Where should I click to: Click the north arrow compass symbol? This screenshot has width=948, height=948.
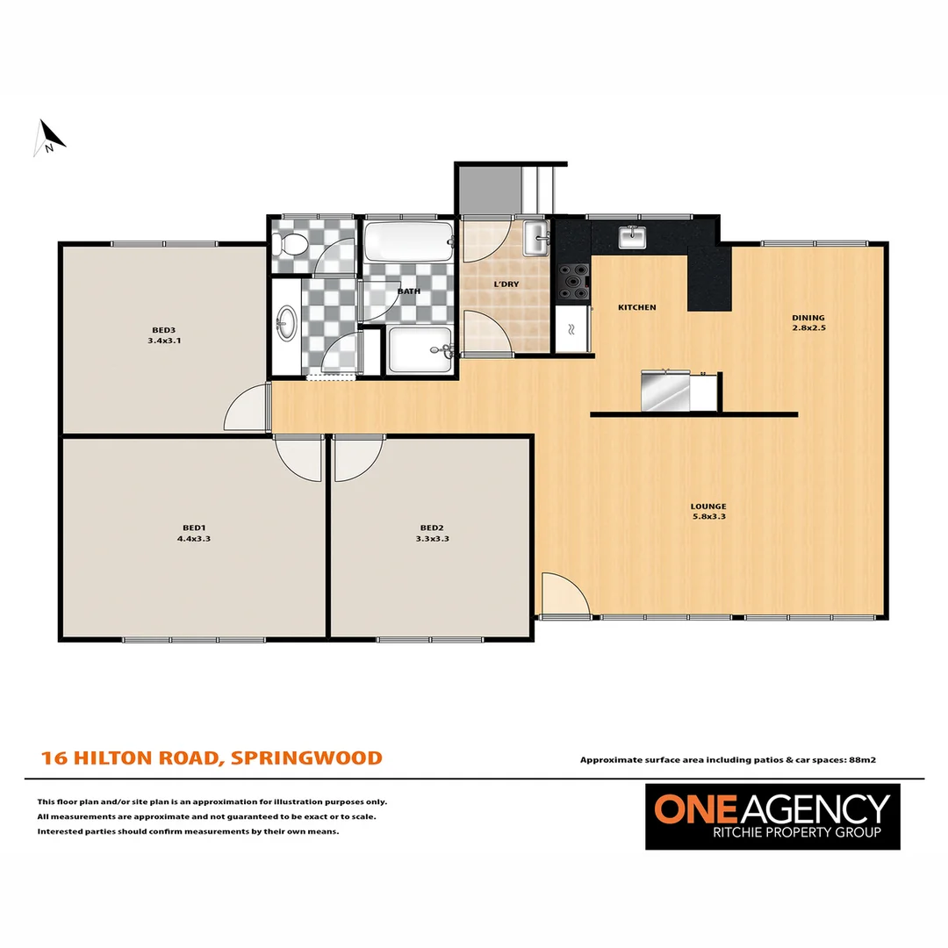coord(49,137)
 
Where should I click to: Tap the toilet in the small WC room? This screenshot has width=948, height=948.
coord(288,244)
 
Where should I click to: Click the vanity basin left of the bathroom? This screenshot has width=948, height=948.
coord(285,324)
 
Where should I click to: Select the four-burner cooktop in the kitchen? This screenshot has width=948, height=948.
coord(573,282)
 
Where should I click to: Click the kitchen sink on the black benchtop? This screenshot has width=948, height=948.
coord(631,237)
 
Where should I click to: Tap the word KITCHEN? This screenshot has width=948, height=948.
coord(636,307)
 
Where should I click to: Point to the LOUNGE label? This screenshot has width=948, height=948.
coord(707,506)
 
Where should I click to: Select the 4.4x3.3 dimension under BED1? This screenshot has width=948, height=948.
coord(194,539)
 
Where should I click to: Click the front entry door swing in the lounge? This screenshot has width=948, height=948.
coord(562,597)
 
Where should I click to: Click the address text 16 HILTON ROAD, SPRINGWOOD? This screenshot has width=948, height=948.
coord(212,758)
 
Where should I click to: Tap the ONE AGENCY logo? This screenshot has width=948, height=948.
coord(773,815)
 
